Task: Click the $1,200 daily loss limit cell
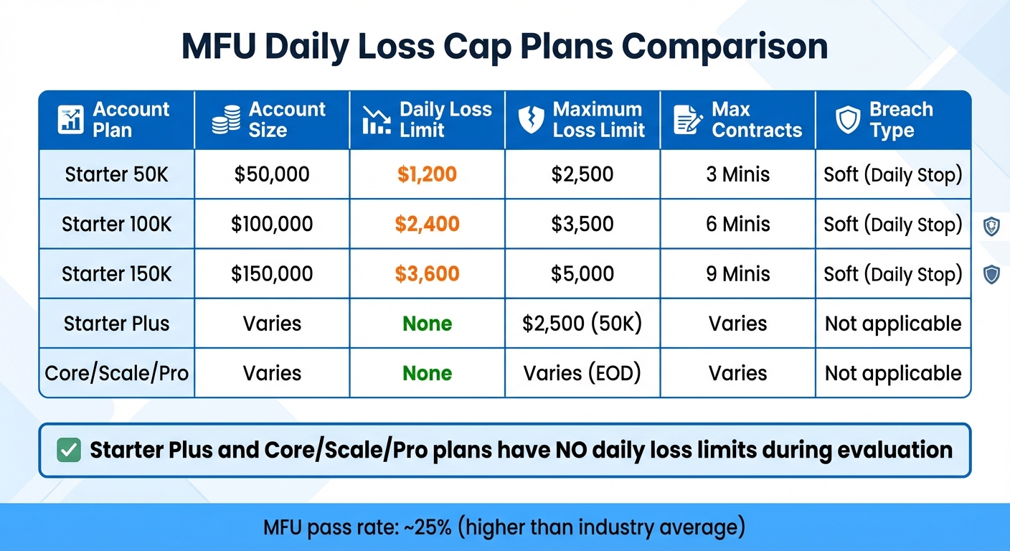427,174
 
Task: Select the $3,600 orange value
427,274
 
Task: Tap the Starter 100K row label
116,224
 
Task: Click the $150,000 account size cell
272,274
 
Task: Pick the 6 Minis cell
737,224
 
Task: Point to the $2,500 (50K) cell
582,324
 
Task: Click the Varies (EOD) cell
582,373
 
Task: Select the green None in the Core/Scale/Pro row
427,373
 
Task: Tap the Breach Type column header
901,120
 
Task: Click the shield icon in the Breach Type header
848,120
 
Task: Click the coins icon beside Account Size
226,120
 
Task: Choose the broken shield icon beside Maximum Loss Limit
531,120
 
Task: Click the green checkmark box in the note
68,451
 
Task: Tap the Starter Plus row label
116,324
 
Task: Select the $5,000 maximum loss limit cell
582,274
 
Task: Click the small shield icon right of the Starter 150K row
991,274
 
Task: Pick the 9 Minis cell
737,274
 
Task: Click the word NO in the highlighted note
572,451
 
